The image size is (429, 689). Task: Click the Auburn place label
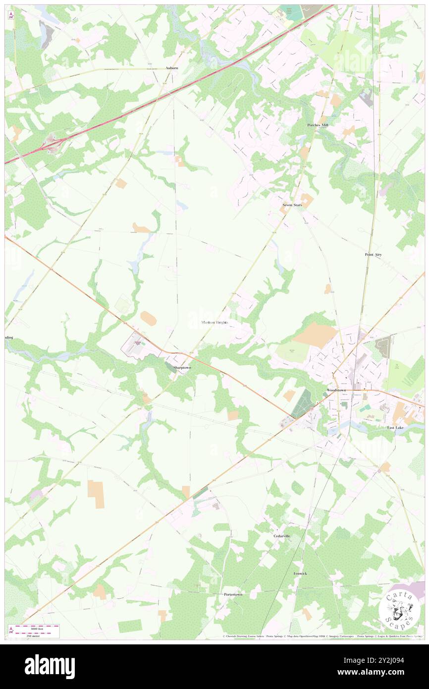point(172,67)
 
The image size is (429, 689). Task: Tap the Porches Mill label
point(317,125)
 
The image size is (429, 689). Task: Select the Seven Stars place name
point(292,205)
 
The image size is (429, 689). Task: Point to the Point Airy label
point(373,254)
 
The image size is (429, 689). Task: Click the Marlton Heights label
point(215,322)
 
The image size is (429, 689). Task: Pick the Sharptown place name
point(182,368)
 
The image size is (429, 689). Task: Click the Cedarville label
point(281,536)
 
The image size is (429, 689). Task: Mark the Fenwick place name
point(300,574)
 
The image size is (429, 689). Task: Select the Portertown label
point(233,594)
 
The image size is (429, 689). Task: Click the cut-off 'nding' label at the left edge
point(9,338)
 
